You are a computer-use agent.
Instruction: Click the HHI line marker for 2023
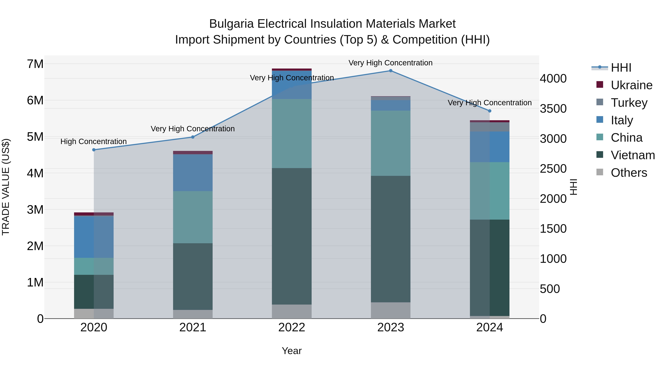(391, 71)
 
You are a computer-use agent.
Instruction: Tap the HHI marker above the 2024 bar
(490, 111)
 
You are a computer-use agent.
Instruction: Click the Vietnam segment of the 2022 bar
(292, 236)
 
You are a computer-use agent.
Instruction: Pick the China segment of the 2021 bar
(193, 217)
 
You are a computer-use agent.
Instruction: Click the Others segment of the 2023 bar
(391, 310)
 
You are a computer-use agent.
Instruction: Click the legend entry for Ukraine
(631, 85)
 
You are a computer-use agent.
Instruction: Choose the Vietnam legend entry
(632, 155)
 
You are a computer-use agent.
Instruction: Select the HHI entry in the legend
(621, 68)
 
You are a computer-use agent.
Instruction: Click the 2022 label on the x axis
(292, 327)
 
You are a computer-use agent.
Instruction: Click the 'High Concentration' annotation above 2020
(93, 141)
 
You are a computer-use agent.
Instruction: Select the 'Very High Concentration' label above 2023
(390, 63)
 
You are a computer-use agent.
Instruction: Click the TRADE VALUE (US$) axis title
(6, 187)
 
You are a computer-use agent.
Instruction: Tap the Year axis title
(292, 351)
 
